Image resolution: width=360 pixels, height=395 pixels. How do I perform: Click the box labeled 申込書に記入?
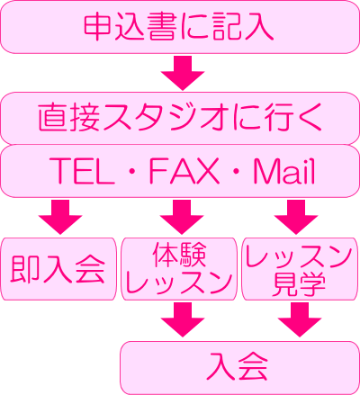tap(180, 27)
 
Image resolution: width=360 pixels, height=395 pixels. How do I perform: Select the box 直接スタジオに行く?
tap(180, 118)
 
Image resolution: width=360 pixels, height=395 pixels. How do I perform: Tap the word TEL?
tap(82, 171)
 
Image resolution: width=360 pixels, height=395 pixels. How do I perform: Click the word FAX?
tap(184, 171)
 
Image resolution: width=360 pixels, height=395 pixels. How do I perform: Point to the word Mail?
tap(284, 170)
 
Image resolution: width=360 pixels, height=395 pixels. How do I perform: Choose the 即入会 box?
tap(58, 269)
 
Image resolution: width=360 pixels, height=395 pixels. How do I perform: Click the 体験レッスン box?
tap(179, 269)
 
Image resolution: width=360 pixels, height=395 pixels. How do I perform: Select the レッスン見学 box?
tap(301, 269)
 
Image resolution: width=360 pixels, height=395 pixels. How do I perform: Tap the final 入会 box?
tap(240, 368)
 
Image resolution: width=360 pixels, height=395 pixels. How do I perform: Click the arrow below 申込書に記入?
tap(183, 73)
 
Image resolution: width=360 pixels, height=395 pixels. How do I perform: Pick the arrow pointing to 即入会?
tap(60, 217)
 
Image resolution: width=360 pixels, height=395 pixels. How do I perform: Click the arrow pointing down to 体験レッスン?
tap(182, 217)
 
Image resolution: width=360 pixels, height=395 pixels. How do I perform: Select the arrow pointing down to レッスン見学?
tap(296, 217)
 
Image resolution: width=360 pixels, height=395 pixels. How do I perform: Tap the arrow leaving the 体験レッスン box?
tap(183, 319)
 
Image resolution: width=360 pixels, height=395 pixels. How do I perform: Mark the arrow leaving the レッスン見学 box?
tap(300, 319)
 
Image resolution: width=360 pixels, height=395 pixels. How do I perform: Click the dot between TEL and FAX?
tap(132, 172)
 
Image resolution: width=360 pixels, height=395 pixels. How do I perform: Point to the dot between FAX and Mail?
tap(237, 172)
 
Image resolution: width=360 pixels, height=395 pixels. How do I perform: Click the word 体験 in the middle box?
tap(179, 256)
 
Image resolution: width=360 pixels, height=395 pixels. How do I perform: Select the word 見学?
tap(299, 284)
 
